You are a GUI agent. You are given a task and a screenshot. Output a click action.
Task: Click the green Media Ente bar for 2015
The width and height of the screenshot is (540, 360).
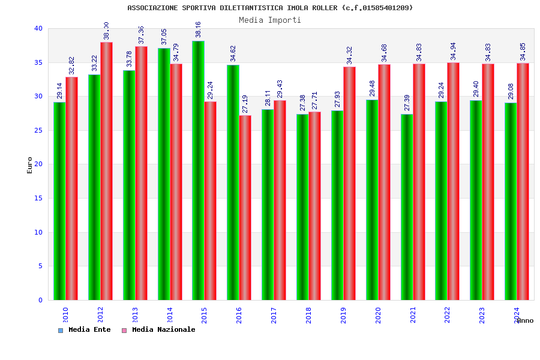click(x=198, y=170)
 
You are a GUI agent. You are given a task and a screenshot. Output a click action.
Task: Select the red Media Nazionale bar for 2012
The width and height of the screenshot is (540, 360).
click(x=106, y=171)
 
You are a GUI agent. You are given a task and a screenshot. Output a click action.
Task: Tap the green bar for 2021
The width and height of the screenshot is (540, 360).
click(x=407, y=207)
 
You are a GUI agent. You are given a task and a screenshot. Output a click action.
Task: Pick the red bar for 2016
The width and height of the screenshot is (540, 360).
click(x=245, y=208)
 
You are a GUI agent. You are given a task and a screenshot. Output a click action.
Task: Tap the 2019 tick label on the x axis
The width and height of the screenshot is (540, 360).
click(x=343, y=315)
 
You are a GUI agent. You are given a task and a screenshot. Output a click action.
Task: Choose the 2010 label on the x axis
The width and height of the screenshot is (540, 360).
click(x=65, y=315)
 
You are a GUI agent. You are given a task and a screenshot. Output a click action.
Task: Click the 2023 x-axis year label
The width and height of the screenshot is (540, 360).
click(x=482, y=315)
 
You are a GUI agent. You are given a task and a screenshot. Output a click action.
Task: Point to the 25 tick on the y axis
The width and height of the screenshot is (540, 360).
click(x=38, y=130)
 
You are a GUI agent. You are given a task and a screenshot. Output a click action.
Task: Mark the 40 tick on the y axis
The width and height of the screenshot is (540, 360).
click(x=38, y=28)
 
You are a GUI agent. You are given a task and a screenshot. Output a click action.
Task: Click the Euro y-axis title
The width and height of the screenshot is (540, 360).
click(x=30, y=165)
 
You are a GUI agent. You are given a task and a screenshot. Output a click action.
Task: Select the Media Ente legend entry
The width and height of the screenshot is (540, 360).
click(x=89, y=329)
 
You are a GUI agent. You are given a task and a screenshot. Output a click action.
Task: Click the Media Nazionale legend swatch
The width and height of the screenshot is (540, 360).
click(x=124, y=330)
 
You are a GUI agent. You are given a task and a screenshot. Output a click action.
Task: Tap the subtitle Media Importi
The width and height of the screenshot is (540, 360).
click(x=270, y=20)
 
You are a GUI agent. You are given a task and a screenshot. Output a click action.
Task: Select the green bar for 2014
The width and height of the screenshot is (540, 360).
click(x=164, y=174)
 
